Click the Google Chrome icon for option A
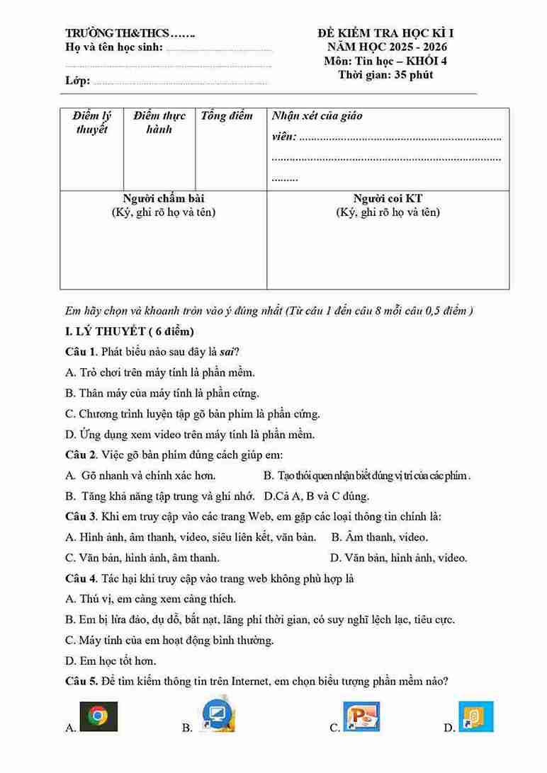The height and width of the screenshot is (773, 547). click(98, 716)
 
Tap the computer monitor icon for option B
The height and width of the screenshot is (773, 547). click(219, 715)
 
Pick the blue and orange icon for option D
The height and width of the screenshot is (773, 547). click(475, 716)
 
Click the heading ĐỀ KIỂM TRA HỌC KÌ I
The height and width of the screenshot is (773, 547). click(385, 33)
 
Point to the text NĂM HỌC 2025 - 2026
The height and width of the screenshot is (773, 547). click(385, 47)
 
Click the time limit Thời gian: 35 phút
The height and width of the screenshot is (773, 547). click(385, 74)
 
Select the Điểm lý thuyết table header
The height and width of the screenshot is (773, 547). click(92, 122)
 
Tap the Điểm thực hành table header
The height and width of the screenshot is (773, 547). click(159, 122)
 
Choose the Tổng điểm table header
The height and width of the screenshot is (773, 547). click(227, 116)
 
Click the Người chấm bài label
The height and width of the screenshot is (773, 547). click(164, 199)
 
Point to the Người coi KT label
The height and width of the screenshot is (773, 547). click(388, 199)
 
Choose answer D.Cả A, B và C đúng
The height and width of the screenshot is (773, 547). click(317, 496)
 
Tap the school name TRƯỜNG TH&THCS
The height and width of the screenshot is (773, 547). click(118, 33)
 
